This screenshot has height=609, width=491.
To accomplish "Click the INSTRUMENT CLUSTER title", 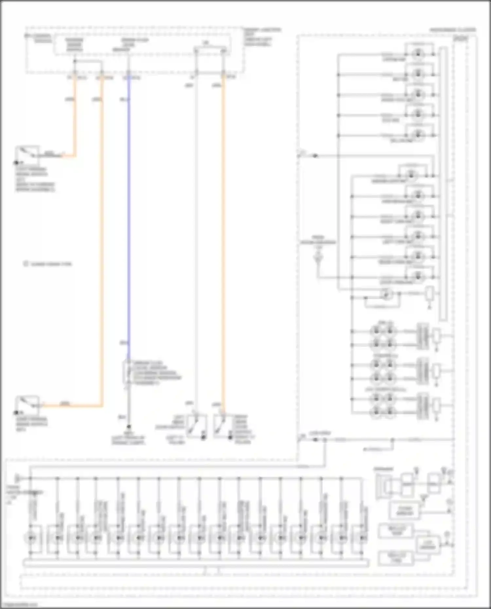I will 453,30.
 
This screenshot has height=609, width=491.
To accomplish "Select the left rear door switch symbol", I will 196,426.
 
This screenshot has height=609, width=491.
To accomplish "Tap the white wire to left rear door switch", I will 196,245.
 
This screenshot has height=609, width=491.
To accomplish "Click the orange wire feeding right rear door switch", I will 223,245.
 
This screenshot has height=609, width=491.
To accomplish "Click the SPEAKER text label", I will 384,469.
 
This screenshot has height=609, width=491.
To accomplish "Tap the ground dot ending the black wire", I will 129,427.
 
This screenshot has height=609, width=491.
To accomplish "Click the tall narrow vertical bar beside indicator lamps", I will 443,183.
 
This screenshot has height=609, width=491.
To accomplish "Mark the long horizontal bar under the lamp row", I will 196,563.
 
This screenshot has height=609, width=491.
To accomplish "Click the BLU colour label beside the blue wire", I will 125,99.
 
